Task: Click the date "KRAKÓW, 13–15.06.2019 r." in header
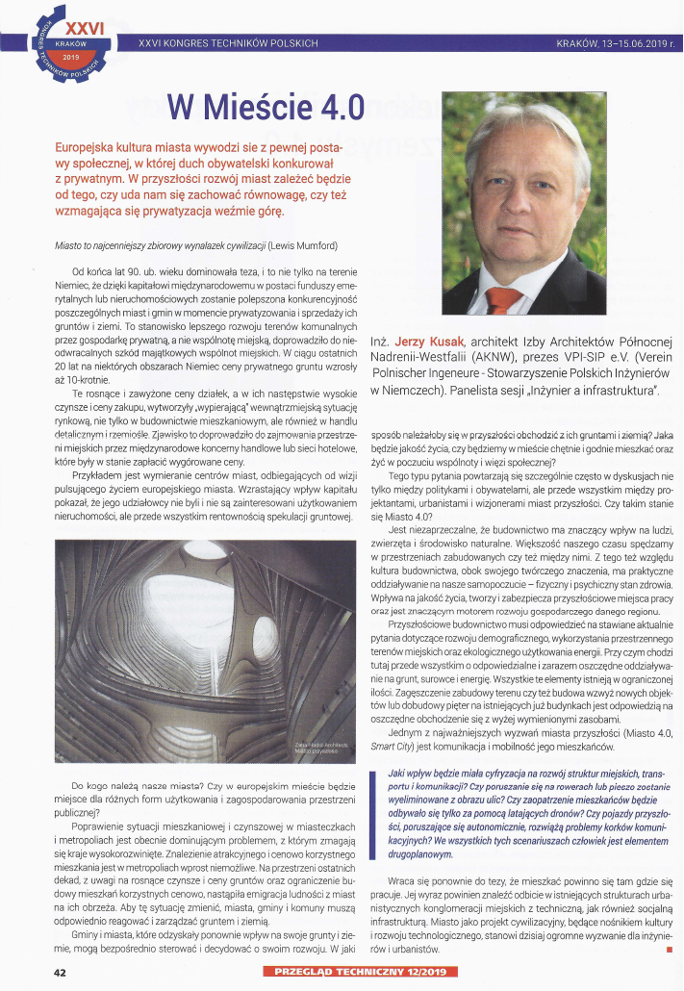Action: (615, 43)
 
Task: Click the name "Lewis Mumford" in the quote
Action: (316, 244)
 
